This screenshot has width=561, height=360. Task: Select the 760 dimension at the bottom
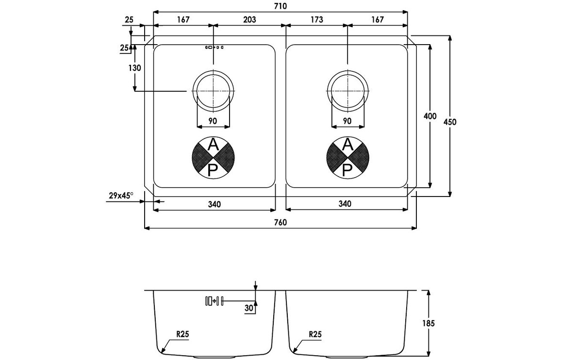(280, 222)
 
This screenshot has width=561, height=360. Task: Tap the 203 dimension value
(248, 20)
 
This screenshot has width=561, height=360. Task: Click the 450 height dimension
(450, 122)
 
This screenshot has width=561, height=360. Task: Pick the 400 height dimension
(429, 116)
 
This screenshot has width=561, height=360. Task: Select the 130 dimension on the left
(135, 68)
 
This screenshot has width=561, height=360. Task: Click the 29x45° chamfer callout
(121, 196)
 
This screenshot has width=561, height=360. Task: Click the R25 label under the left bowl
(182, 334)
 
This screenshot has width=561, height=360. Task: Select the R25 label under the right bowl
(315, 334)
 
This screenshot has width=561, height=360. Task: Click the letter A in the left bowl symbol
(213, 144)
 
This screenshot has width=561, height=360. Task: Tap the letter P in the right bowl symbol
(347, 169)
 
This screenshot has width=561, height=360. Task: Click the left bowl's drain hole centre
(213, 91)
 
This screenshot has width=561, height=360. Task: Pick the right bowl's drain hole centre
(347, 91)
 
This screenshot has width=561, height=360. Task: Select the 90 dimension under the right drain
(347, 121)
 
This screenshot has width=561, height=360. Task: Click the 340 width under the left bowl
(214, 204)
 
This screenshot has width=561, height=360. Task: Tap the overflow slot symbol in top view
(214, 48)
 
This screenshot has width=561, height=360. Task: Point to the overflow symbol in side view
(214, 301)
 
